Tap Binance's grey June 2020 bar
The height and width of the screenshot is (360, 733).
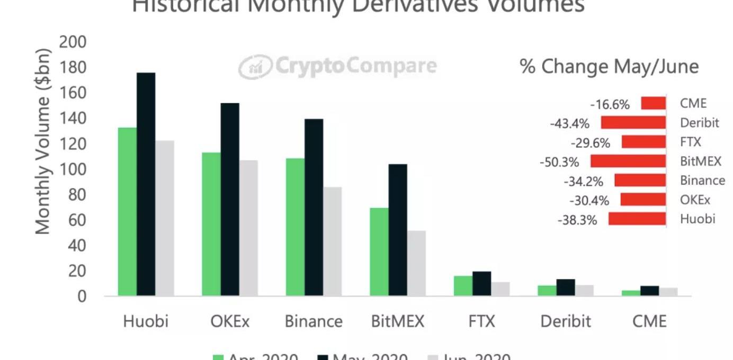332,241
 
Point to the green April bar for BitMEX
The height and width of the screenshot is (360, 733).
379,251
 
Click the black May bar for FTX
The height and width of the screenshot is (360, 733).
481,283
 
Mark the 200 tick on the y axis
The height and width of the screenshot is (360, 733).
73,42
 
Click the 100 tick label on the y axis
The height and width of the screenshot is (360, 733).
73,169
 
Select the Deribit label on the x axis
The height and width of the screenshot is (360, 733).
565,321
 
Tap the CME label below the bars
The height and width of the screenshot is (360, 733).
649,321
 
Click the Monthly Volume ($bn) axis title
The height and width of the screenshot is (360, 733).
43,141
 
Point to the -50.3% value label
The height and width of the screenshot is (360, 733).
559,161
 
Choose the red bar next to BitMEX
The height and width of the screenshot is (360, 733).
628,161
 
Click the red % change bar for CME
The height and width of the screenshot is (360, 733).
653,103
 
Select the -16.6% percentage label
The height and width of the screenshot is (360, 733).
610,104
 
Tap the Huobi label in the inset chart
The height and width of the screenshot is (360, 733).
698,219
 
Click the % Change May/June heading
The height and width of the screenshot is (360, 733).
609,67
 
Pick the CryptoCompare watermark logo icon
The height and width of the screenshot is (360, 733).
254,67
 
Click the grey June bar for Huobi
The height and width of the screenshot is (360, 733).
165,218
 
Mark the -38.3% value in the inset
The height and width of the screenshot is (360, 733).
577,220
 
